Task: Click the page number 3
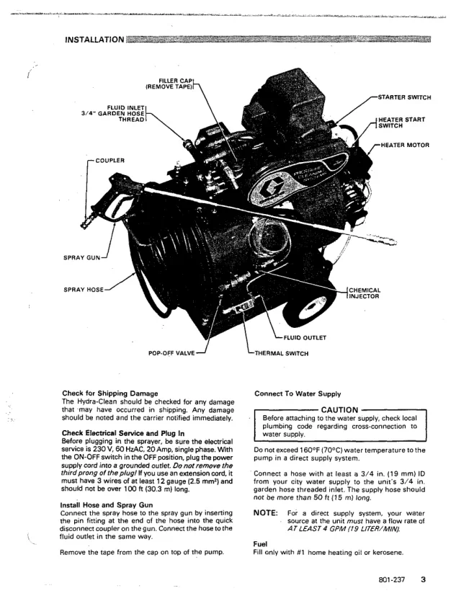pos(424,579)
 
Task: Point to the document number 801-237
pos(393,579)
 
